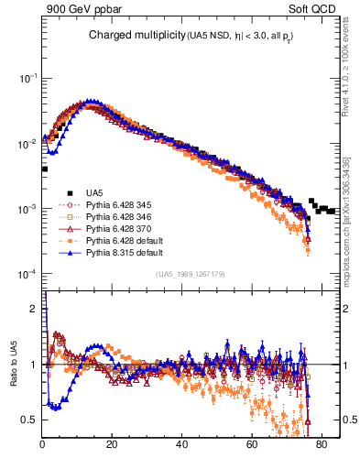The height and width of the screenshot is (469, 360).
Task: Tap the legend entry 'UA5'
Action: (94, 192)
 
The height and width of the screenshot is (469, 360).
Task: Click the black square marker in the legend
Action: (70, 192)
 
